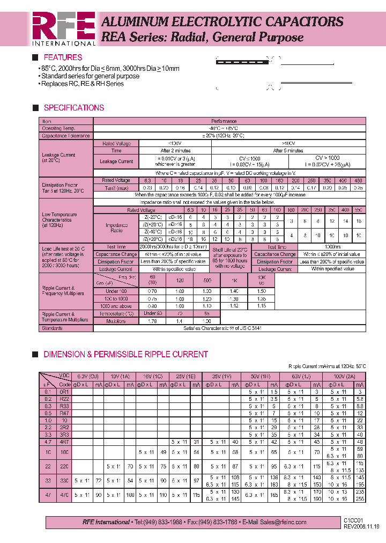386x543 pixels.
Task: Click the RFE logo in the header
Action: pos(63,28)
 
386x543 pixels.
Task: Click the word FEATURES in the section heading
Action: pos(63,57)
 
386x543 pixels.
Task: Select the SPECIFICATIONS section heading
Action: pos(73,108)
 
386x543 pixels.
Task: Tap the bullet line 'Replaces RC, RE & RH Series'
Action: pos(82,84)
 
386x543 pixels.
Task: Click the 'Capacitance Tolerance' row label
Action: pos(66,136)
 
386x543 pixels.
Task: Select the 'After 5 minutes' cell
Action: pos(288,151)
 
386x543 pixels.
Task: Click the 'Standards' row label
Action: pos(52,327)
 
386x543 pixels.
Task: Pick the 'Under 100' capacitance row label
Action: pos(116,291)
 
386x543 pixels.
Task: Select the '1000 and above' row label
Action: pos(116,306)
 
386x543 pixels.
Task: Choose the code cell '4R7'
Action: pos(64,442)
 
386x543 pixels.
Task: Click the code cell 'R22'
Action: pos(64,399)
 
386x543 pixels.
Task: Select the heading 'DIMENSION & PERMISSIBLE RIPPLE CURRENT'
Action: pos(125,355)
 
